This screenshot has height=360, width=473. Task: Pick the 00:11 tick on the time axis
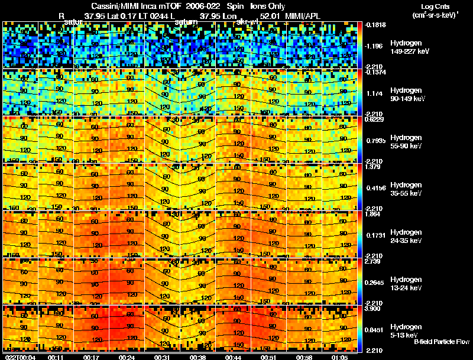pyautogui.click(x=56, y=356)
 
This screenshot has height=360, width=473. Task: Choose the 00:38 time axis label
pyautogui.click(x=198, y=356)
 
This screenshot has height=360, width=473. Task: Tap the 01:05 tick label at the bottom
pyautogui.click(x=340, y=356)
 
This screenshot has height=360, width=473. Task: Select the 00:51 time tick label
pyautogui.click(x=269, y=356)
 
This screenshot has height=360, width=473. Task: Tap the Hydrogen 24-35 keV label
pyautogui.click(x=406, y=236)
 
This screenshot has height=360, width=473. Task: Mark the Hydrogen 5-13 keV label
pyautogui.click(x=405, y=330)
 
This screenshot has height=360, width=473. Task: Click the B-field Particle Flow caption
pyautogui.click(x=441, y=342)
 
